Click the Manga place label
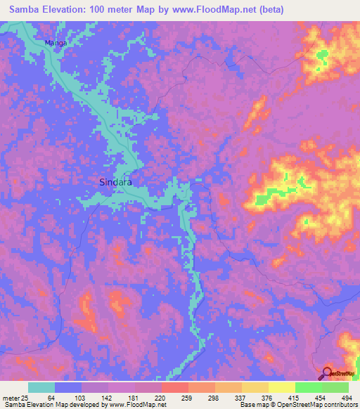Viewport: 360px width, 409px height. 56,43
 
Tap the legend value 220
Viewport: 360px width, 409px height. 162,397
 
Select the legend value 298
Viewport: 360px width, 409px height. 214,397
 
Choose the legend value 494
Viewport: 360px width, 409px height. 347,397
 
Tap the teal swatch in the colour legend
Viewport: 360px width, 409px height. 41,387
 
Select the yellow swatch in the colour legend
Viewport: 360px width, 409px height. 281,387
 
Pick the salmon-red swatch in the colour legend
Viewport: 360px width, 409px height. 174,387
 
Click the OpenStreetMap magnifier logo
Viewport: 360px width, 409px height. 327,373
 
